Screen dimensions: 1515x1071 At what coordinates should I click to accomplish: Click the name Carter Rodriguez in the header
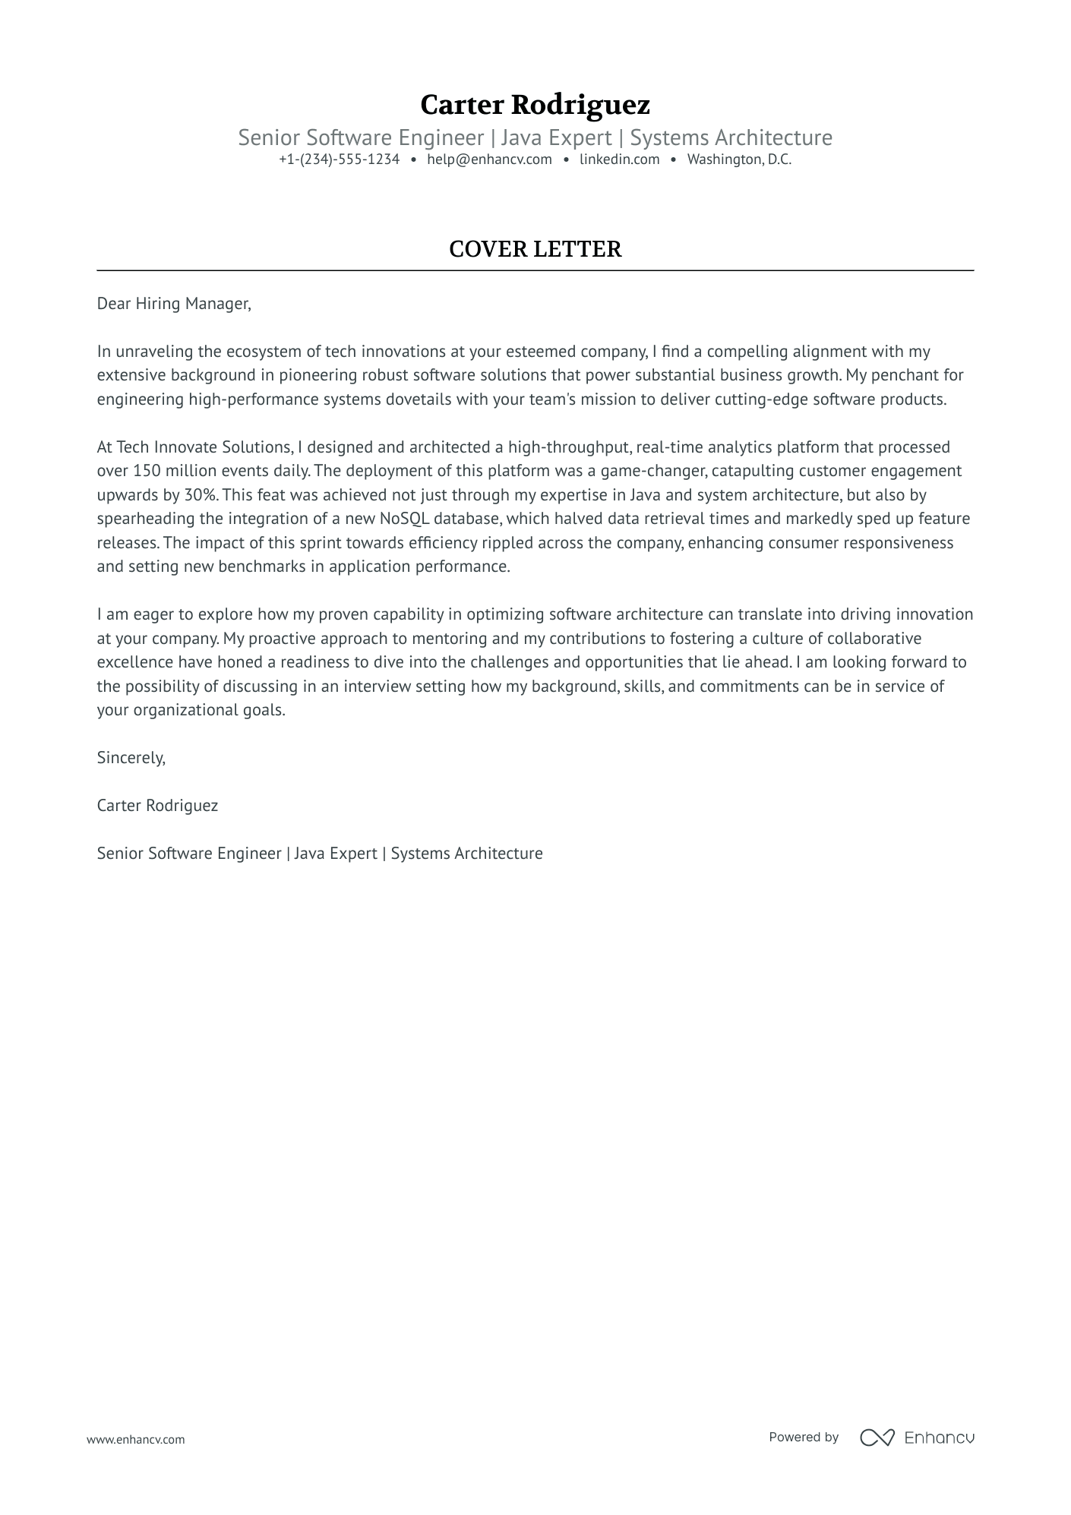pos(535,104)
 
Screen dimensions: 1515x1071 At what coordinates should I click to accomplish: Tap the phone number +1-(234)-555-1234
pos(339,159)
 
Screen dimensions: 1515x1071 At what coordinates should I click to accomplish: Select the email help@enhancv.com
pos(489,159)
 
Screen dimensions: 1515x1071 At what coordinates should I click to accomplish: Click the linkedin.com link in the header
pos(619,159)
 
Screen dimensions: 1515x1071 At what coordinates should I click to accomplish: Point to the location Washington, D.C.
pos(739,159)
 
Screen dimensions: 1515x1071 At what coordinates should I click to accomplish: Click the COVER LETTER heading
pos(535,249)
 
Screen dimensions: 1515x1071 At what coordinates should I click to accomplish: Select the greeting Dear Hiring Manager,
pos(174,304)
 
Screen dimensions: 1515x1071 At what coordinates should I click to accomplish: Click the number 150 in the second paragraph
pos(147,471)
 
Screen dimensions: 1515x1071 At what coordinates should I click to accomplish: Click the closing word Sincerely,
pos(131,758)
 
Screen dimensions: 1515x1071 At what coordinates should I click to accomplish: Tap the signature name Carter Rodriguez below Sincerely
pos(157,806)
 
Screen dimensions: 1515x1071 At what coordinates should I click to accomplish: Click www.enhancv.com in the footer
pos(135,1439)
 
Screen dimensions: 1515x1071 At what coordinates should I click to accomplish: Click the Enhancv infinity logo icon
pos(877,1437)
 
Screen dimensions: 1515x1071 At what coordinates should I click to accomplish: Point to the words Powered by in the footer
pos(803,1437)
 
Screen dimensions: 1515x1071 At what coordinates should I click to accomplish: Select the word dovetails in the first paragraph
pos(417,399)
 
